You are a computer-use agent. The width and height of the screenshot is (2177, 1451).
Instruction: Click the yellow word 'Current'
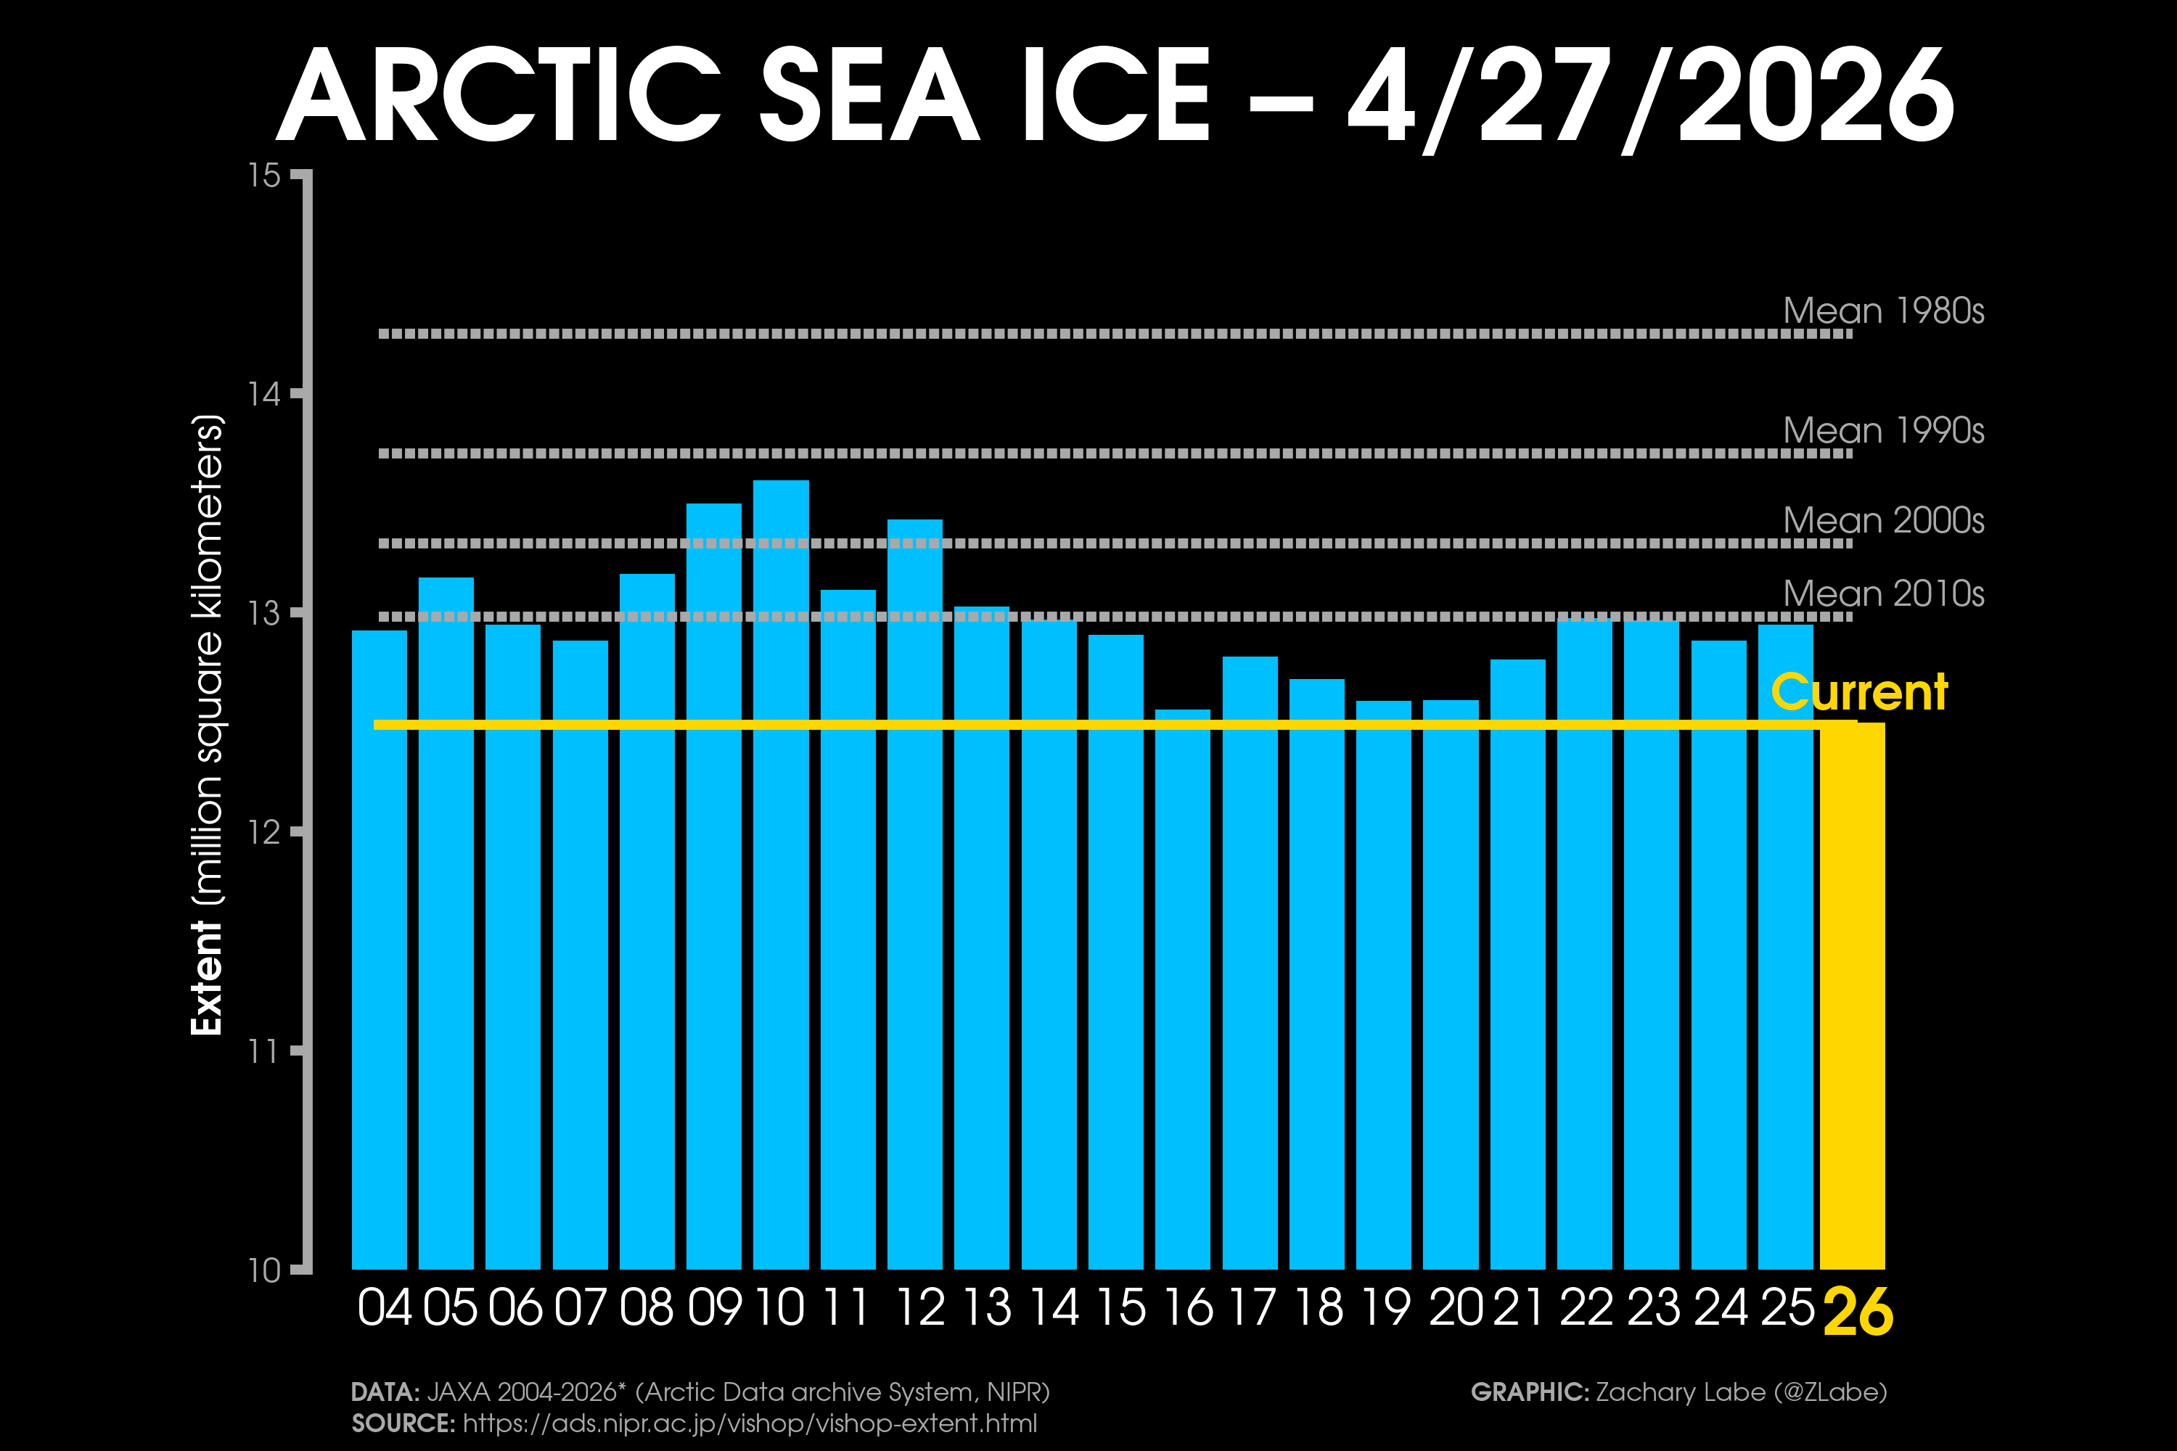coord(1858,692)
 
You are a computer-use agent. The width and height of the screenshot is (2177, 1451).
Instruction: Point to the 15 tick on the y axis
coord(265,175)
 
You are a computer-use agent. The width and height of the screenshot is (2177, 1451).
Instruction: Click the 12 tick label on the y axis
coord(265,832)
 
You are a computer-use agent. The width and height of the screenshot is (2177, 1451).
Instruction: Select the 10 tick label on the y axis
coord(265,1270)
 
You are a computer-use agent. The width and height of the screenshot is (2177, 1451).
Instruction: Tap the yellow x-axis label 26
coord(1858,1312)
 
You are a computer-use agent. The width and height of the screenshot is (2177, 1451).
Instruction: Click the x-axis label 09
coord(713,1307)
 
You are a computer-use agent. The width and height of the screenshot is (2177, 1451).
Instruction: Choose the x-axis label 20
coord(1455,1307)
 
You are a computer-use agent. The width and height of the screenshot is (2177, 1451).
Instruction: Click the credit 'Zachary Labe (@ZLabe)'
coord(1740,1392)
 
